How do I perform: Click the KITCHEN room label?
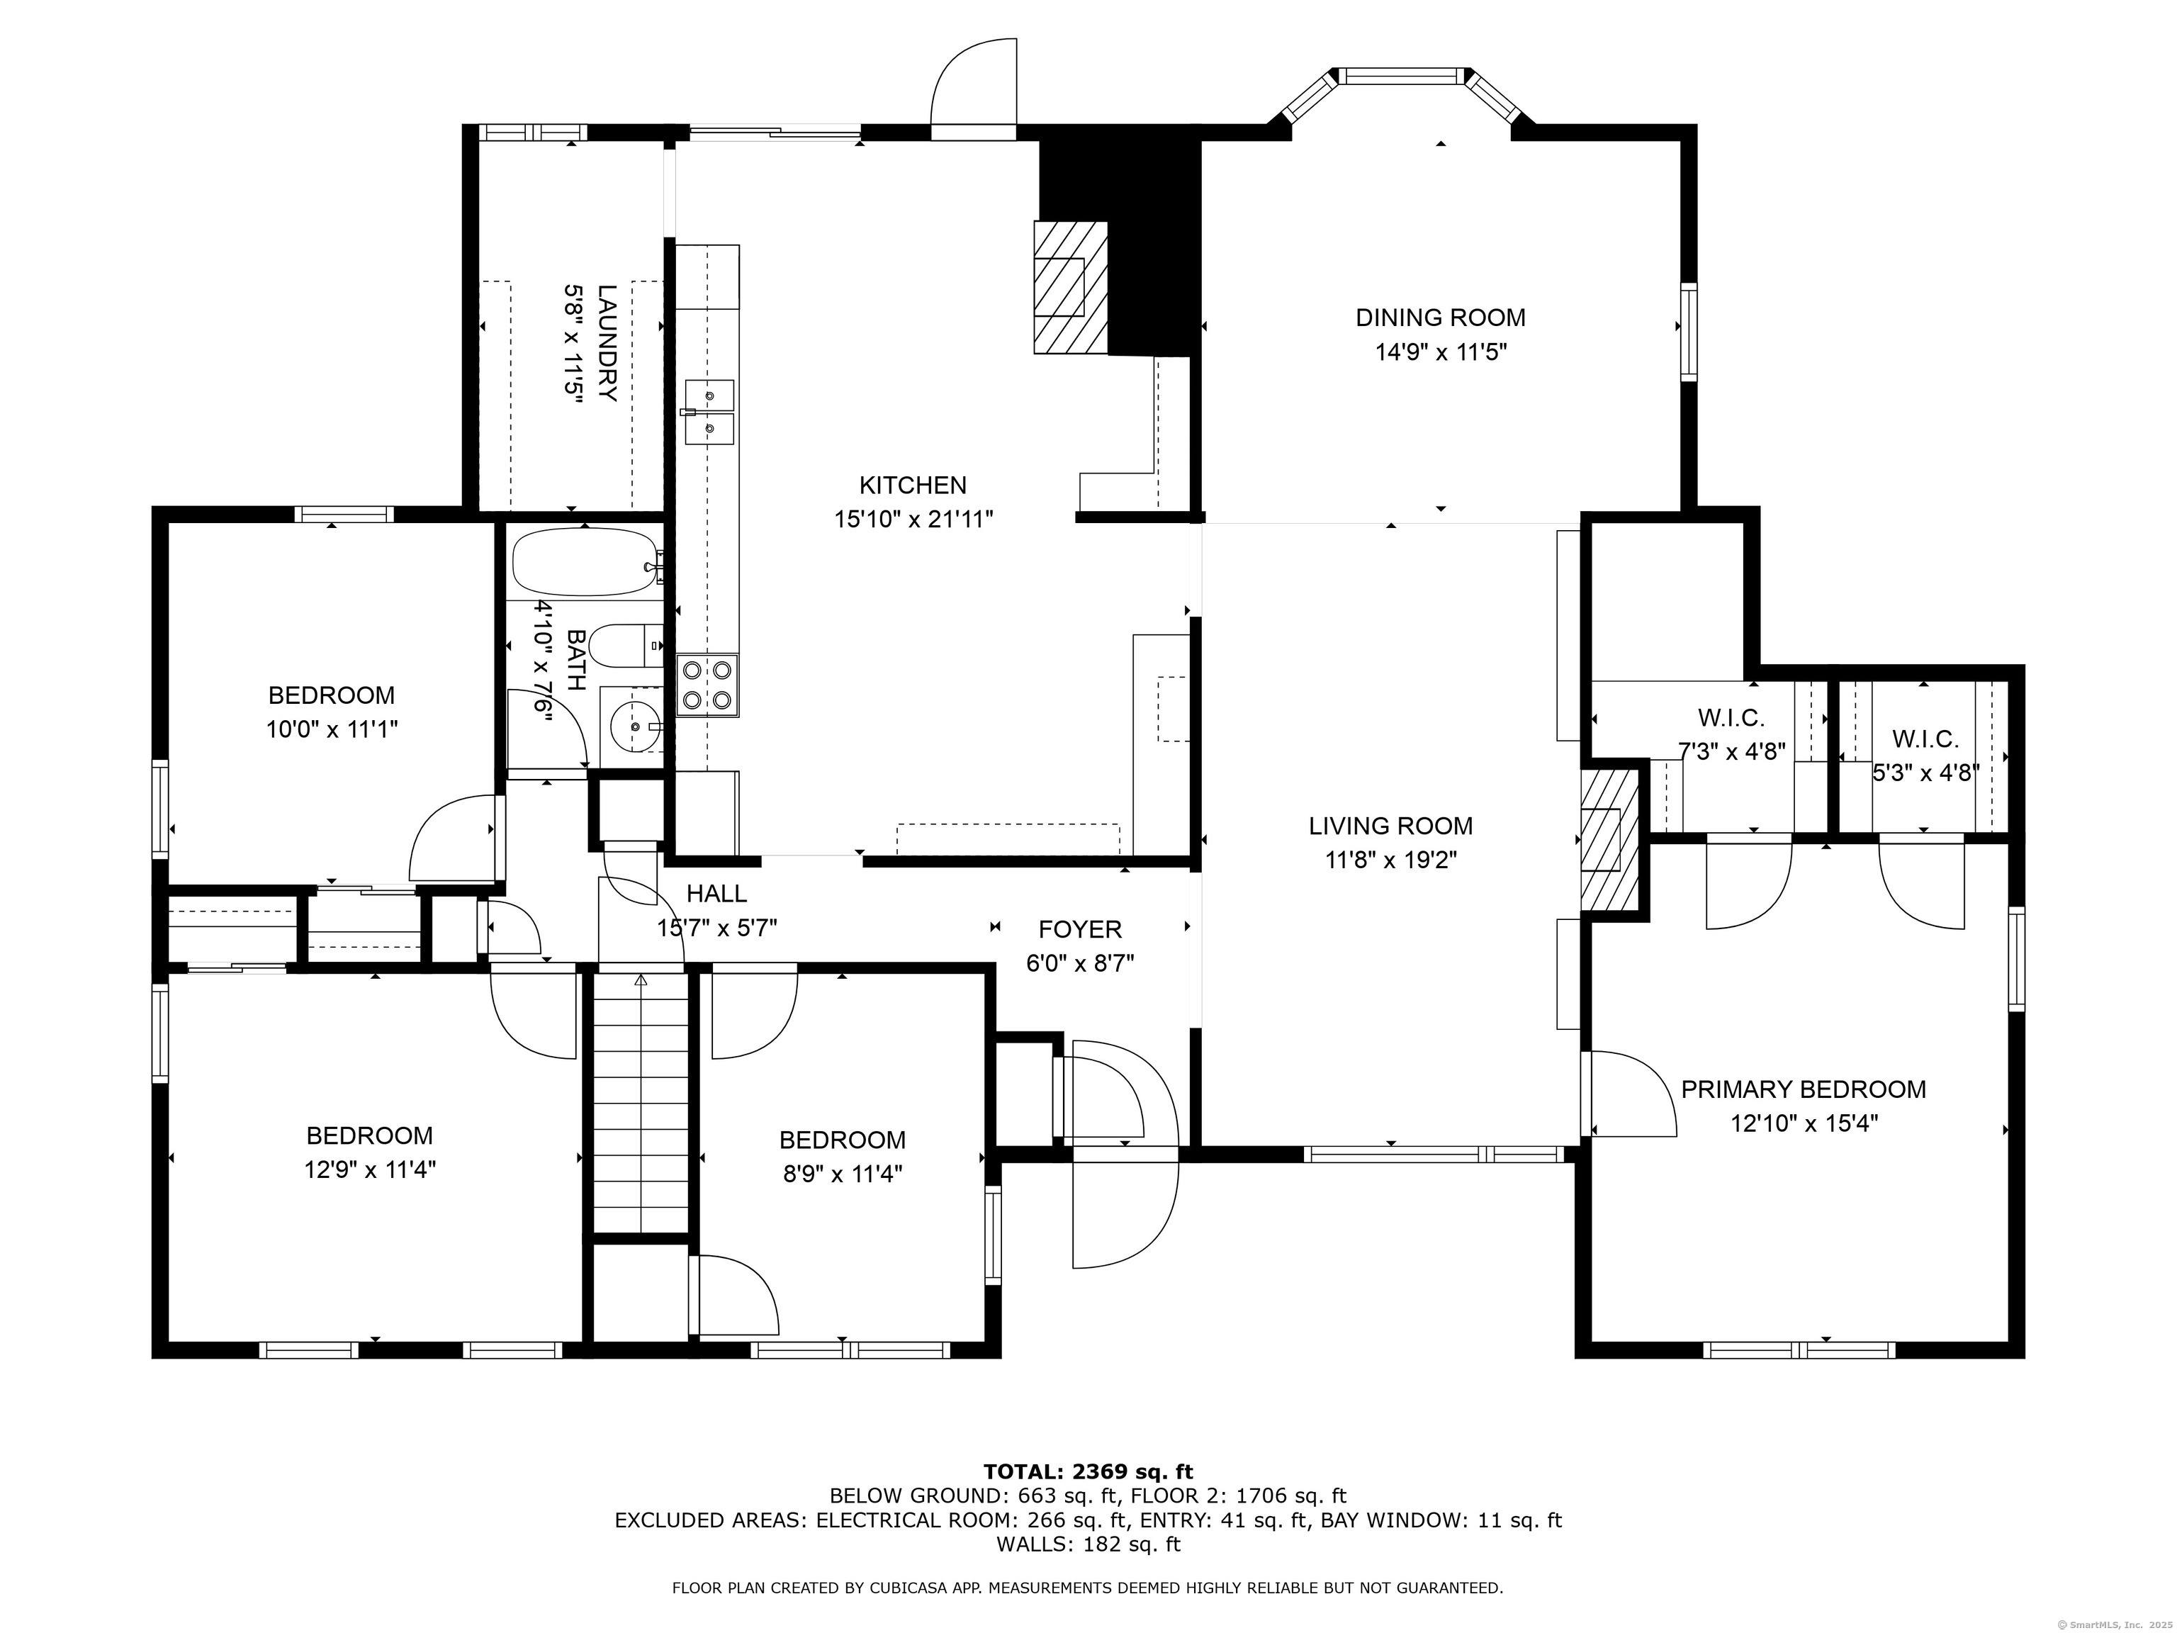(912, 486)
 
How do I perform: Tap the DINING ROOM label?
(1440, 318)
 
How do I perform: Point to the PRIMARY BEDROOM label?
(1803, 1089)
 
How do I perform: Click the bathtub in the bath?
(584, 562)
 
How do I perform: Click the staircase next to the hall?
(641, 1101)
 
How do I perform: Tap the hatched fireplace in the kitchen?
(1071, 286)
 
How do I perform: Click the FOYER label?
(1080, 929)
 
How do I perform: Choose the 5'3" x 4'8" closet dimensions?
(1925, 773)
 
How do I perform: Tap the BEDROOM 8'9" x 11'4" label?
(843, 1157)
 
